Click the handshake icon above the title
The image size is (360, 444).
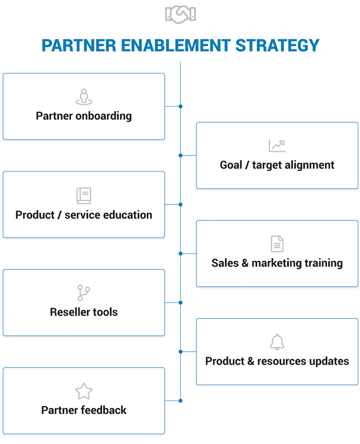tap(180, 14)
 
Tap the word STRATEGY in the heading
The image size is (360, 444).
tap(277, 45)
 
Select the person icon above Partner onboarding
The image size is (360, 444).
tap(83, 97)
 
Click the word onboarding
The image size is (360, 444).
tap(103, 116)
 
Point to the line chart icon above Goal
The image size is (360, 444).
tap(277, 146)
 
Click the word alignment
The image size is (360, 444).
tap(309, 165)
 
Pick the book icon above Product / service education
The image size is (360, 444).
tap(83, 196)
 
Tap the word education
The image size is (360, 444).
tap(128, 215)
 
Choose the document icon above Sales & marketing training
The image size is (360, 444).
tap(277, 244)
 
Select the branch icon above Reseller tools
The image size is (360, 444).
tap(83, 293)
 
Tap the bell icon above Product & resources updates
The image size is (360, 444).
tap(277, 342)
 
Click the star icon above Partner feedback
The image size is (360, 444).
tap(83, 391)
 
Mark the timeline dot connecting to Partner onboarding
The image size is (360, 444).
tap(180, 107)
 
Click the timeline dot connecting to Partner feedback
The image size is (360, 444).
tap(180, 401)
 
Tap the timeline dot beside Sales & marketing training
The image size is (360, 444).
tap(180, 253)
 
